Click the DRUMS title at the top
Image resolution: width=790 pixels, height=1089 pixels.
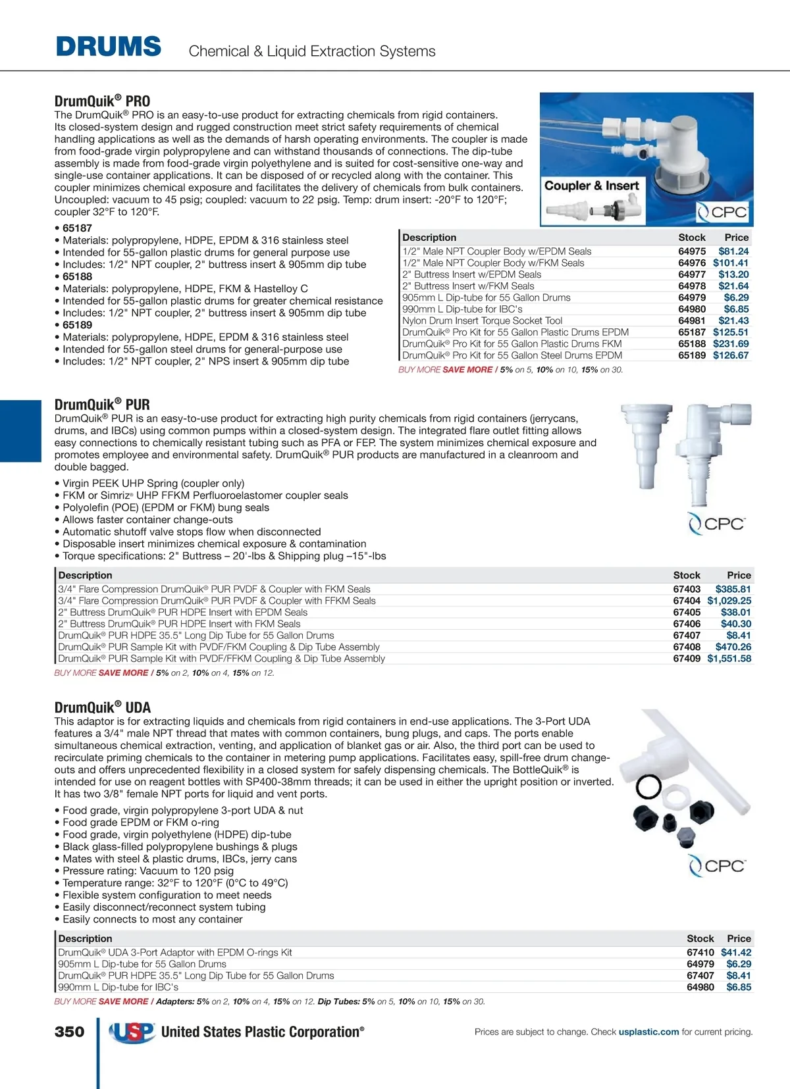(x=109, y=47)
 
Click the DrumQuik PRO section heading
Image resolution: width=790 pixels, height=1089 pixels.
(x=102, y=101)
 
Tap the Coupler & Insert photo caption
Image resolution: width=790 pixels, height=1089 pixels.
(x=591, y=186)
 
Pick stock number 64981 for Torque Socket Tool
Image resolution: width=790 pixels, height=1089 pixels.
(x=692, y=320)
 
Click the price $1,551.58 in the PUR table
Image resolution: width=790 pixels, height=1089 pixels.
(x=729, y=659)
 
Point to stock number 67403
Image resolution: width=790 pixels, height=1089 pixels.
(x=687, y=589)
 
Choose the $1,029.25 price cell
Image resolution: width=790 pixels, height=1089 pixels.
(x=729, y=601)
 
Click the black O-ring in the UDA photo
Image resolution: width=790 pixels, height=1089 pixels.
(x=648, y=785)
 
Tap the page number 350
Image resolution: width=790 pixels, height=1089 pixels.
(x=69, y=1032)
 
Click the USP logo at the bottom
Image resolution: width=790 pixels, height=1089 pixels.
(x=132, y=1032)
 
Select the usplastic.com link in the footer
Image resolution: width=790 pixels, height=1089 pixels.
(x=648, y=1032)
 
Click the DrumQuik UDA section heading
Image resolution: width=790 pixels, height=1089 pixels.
(x=102, y=707)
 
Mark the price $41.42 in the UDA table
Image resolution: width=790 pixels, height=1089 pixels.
(x=736, y=952)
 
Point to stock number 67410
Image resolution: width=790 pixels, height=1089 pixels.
(x=700, y=952)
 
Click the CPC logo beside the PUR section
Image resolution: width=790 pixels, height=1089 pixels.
(x=716, y=524)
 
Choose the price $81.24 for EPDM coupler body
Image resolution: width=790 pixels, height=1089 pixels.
(x=733, y=251)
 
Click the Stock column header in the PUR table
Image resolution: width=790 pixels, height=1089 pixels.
(x=687, y=575)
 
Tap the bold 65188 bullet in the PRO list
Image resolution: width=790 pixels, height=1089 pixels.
(x=78, y=276)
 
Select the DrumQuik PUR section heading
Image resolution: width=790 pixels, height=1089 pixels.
(x=102, y=404)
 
